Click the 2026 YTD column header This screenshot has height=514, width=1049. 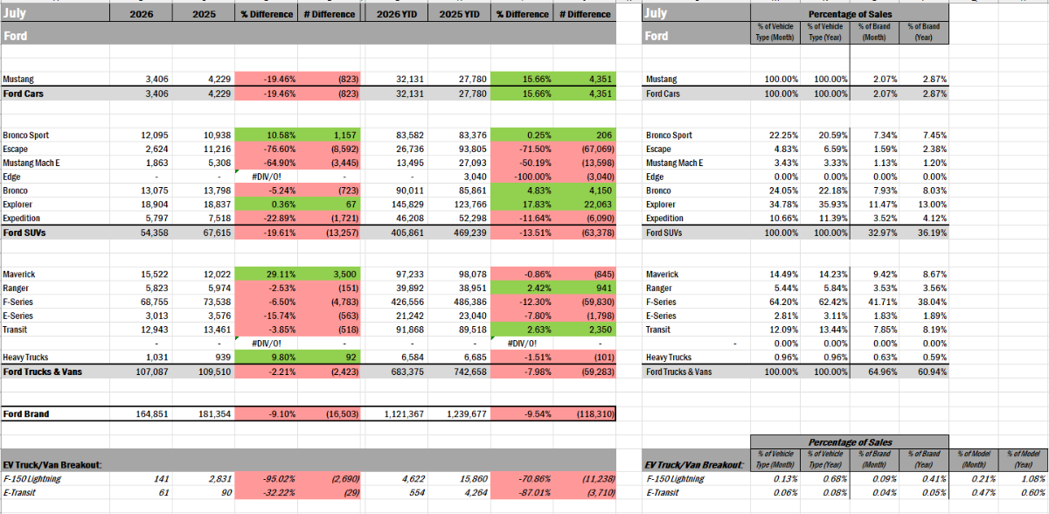click(396, 14)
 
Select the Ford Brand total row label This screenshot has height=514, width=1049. click(26, 413)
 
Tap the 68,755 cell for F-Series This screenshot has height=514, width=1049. click(154, 302)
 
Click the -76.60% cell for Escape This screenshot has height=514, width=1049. click(279, 149)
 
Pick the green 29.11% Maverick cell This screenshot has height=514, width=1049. click(281, 274)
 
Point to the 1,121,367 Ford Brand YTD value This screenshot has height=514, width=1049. click(404, 413)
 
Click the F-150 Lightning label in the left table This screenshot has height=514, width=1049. click(32, 479)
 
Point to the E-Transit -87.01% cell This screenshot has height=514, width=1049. click(535, 492)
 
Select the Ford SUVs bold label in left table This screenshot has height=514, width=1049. click(24, 233)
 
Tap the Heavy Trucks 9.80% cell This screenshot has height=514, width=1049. click(284, 358)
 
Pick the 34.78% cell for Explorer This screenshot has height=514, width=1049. click(783, 205)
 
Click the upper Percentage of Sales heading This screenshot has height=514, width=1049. click(850, 14)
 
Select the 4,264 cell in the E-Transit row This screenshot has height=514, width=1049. click(476, 492)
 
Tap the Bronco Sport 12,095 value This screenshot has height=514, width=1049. click(154, 135)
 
